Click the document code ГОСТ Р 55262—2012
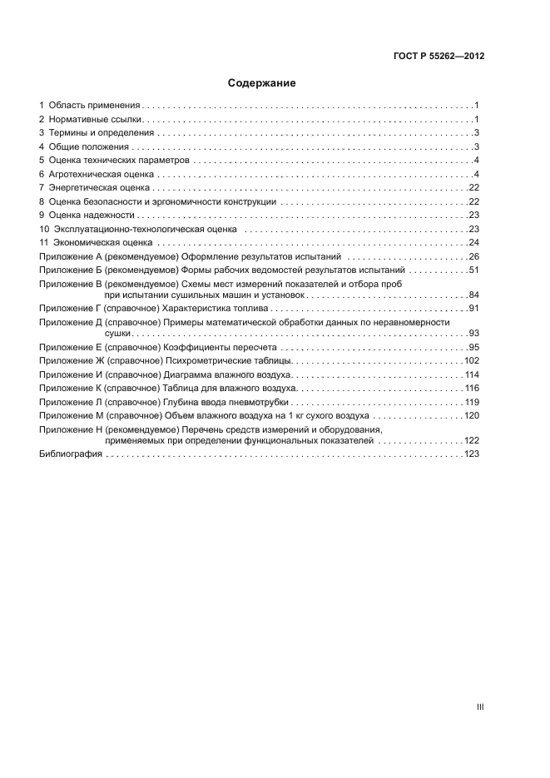439,57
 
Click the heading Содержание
262,83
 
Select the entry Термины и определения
101,133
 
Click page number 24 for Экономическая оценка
473,242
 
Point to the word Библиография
71,454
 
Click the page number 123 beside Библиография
472,454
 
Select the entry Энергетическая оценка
99,188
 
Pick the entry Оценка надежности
91,215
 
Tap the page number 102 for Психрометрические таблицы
472,361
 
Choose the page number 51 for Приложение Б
473,270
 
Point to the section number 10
44,229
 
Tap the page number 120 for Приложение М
472,415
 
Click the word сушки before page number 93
116,333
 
